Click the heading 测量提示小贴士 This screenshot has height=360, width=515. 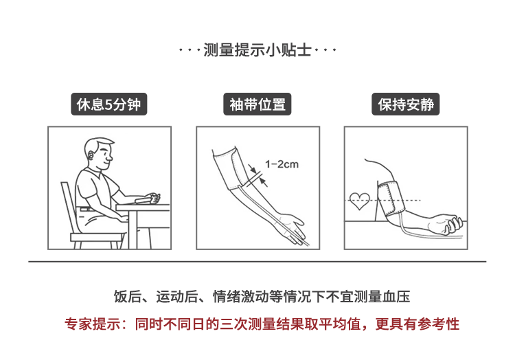[x=257, y=50]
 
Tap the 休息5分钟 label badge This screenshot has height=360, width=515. [x=109, y=104]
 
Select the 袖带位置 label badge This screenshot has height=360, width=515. [x=257, y=104]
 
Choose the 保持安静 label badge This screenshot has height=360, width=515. [x=406, y=104]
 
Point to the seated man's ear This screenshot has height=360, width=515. [x=91, y=155]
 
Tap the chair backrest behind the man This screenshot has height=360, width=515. [x=68, y=207]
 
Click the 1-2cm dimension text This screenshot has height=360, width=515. [x=282, y=164]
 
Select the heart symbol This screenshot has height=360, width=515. [x=360, y=201]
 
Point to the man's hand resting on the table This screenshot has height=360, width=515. [x=153, y=198]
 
